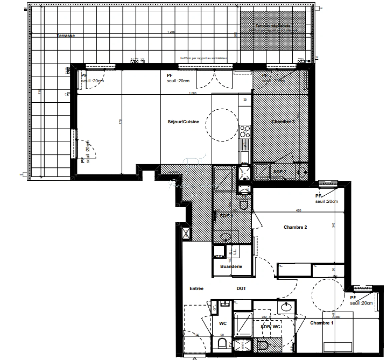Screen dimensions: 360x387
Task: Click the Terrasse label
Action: coord(66,36)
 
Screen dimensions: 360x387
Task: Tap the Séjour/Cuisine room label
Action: coord(183,122)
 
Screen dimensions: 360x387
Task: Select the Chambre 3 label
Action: coord(283,122)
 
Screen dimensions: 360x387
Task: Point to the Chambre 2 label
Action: coord(295,227)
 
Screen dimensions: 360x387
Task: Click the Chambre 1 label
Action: coord(322,323)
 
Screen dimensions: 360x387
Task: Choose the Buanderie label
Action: coord(231,267)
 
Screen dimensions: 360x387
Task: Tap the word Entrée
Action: coord(197,289)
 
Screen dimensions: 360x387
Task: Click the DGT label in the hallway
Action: coord(241,289)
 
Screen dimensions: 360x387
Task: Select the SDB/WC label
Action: coord(271,327)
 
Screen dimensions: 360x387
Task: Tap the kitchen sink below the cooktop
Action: coord(245,156)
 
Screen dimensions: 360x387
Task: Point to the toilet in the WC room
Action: coord(222,343)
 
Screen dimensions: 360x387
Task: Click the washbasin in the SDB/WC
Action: coord(286,307)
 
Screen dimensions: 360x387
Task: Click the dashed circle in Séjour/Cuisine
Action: coord(222,125)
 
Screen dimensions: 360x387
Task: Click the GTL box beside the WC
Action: coord(215,307)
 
